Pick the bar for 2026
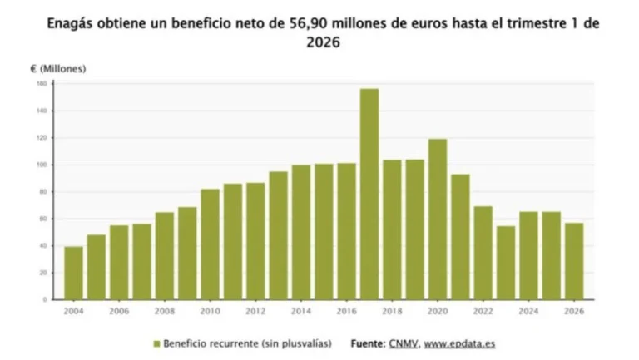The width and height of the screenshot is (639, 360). [x=573, y=260]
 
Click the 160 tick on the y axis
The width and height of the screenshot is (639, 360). [x=40, y=84]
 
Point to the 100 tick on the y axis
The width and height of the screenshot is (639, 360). [x=40, y=165]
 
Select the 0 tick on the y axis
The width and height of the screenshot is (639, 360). [x=43, y=299]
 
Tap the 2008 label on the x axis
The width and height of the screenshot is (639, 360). [x=164, y=312]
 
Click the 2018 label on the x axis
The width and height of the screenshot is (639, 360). [x=391, y=312]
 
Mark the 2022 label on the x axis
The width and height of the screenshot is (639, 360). [x=483, y=312]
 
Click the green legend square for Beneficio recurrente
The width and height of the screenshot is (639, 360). [x=156, y=343]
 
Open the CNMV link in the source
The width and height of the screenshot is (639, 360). [x=404, y=343]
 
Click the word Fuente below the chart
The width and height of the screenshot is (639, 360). [x=367, y=343]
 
